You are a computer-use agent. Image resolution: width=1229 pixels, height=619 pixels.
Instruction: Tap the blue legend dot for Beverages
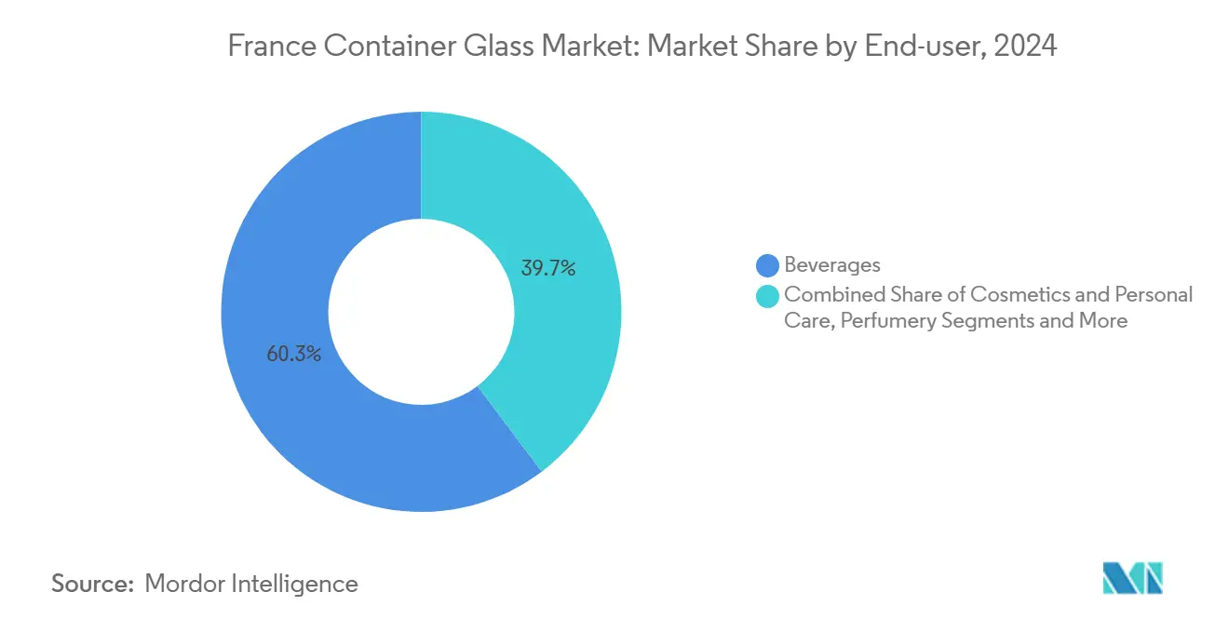(x=768, y=266)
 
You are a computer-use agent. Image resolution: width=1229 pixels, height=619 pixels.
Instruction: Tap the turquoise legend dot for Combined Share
(x=768, y=295)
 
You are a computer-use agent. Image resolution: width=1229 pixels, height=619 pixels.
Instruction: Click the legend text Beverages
(x=831, y=266)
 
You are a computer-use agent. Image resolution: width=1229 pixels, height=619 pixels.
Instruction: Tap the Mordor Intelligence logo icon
(x=1133, y=578)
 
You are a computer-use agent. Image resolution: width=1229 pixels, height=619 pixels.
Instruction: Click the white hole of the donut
(x=421, y=312)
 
